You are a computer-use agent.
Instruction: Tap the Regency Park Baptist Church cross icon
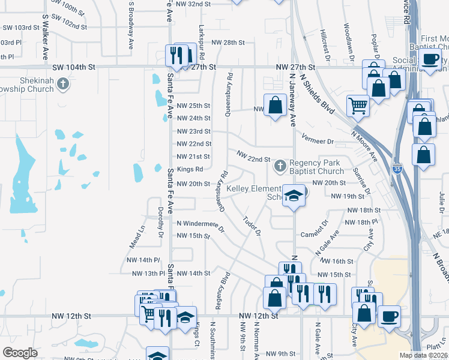pyautogui.click(x=280, y=165)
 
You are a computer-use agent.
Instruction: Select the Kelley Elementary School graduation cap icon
pyautogui.click(x=294, y=196)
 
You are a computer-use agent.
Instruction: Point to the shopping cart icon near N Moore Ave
pyautogui.click(x=358, y=106)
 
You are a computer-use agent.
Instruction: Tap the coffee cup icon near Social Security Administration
pyautogui.click(x=430, y=59)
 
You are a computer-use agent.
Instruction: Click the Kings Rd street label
pyautogui.click(x=190, y=169)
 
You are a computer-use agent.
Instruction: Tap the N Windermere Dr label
pyautogui.click(x=200, y=225)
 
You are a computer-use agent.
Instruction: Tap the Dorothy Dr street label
pyautogui.click(x=161, y=222)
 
